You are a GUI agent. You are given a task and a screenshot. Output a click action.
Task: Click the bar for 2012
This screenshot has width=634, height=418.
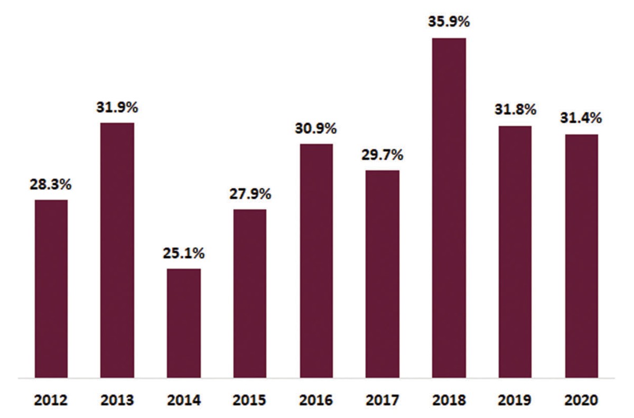[51, 289]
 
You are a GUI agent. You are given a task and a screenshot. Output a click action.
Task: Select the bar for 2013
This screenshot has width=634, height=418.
[117, 250]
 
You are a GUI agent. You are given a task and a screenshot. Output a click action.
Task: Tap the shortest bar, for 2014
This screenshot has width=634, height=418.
[184, 323]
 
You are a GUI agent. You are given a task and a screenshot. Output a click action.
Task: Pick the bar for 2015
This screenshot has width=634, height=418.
[250, 293]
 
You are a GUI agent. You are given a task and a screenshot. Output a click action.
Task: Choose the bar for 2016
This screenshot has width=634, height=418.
[316, 261]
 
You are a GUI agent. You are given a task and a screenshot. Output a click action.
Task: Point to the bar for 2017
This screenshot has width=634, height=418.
[383, 274]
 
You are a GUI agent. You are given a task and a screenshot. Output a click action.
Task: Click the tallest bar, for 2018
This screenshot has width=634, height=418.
[449, 208]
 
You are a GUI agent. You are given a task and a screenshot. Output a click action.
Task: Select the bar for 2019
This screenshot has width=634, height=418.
[515, 252]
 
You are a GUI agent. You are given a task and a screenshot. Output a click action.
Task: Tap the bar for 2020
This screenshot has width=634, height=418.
[582, 256]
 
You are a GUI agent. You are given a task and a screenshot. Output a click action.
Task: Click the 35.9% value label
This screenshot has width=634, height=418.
[449, 23]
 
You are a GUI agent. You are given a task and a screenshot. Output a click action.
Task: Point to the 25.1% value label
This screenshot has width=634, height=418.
[184, 254]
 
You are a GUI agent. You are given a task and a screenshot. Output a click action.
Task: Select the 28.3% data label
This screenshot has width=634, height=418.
[51, 185]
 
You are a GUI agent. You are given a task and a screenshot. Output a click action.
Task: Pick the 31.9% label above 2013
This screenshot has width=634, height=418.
[117, 108]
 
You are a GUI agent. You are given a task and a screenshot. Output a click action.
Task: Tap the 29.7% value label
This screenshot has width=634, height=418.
[383, 155]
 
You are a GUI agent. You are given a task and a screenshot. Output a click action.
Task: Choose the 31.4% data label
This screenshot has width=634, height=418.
[582, 119]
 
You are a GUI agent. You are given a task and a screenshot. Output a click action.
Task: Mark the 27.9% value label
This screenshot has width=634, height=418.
[250, 194]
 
